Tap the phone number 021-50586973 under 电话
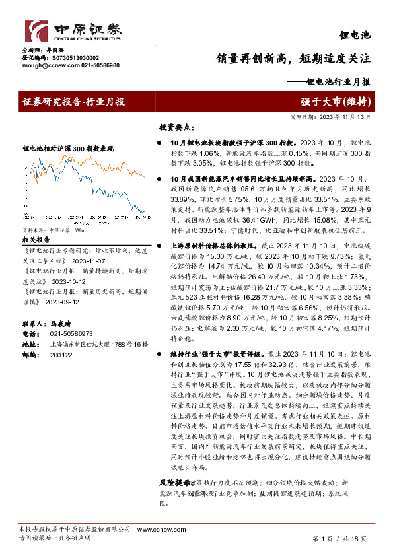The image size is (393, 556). pos(71,334)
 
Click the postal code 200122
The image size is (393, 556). pos(61,354)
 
